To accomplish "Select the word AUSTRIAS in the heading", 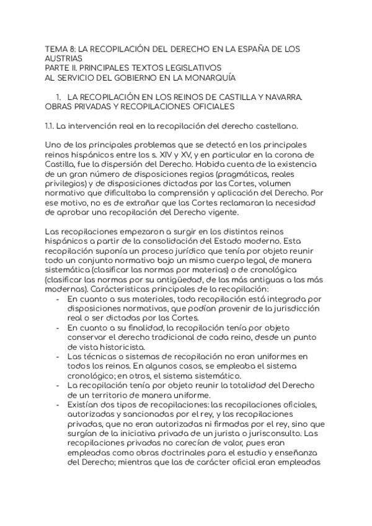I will (64, 58).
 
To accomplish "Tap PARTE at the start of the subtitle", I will (60, 68).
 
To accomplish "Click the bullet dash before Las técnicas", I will (58, 356).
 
